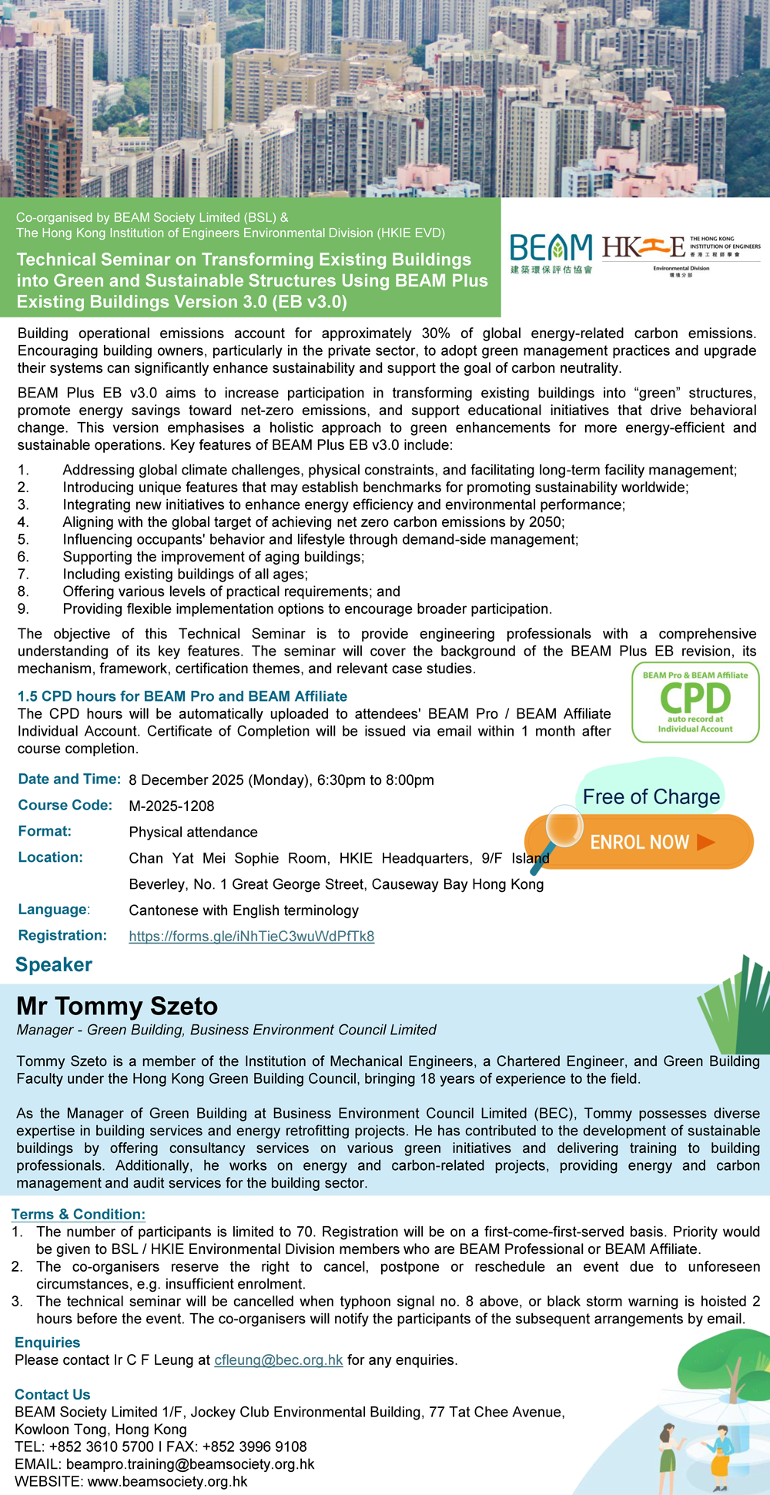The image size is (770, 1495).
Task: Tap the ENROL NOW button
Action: coord(651,842)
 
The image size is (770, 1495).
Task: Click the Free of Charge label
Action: coord(651,796)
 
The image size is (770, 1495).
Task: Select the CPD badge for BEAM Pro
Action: coord(695,702)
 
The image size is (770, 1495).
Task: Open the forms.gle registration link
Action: coord(251,937)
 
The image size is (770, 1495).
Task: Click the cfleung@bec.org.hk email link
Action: coord(278,1359)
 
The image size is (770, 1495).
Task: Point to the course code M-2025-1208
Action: coord(172,806)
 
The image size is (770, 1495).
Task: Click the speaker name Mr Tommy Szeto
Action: coord(117,1006)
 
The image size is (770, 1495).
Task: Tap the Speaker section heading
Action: coord(54,964)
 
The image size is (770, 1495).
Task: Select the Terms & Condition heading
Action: coord(78,1214)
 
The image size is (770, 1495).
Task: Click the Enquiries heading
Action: coord(47,1342)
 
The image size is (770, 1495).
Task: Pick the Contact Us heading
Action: coord(52,1394)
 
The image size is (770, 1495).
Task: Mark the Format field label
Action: coord(45,831)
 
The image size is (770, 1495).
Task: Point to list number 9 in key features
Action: coord(23,609)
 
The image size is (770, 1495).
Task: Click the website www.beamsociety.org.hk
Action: coord(167,1481)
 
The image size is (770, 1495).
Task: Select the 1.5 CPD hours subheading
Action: coord(182,696)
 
